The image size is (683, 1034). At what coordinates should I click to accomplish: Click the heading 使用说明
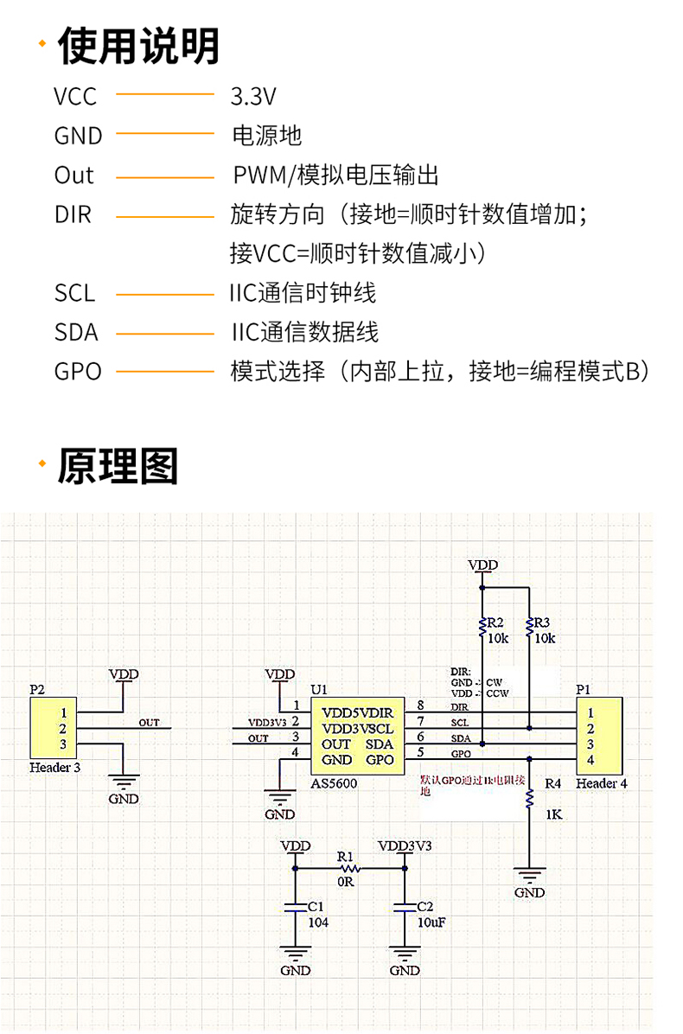tap(138, 46)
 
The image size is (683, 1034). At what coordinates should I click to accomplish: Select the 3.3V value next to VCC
tap(253, 95)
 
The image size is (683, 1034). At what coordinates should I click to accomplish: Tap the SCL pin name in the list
tap(75, 293)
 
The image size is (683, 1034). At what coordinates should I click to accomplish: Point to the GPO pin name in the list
tap(78, 372)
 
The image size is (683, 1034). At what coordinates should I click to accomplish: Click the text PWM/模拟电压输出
tap(335, 176)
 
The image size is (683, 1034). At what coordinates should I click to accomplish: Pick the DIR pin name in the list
tap(73, 214)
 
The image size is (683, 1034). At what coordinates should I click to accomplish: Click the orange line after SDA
tap(165, 333)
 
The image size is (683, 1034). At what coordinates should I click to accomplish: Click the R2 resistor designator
tap(495, 622)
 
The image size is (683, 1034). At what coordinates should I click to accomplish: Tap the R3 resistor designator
tap(543, 622)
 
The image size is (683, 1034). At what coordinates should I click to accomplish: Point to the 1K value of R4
tap(553, 814)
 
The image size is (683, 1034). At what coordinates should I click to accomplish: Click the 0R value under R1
tap(346, 883)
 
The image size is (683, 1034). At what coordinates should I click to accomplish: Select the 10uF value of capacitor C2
tap(431, 922)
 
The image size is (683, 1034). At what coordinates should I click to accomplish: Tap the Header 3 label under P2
tap(55, 767)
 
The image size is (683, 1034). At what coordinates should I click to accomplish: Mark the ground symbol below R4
tap(529, 875)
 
